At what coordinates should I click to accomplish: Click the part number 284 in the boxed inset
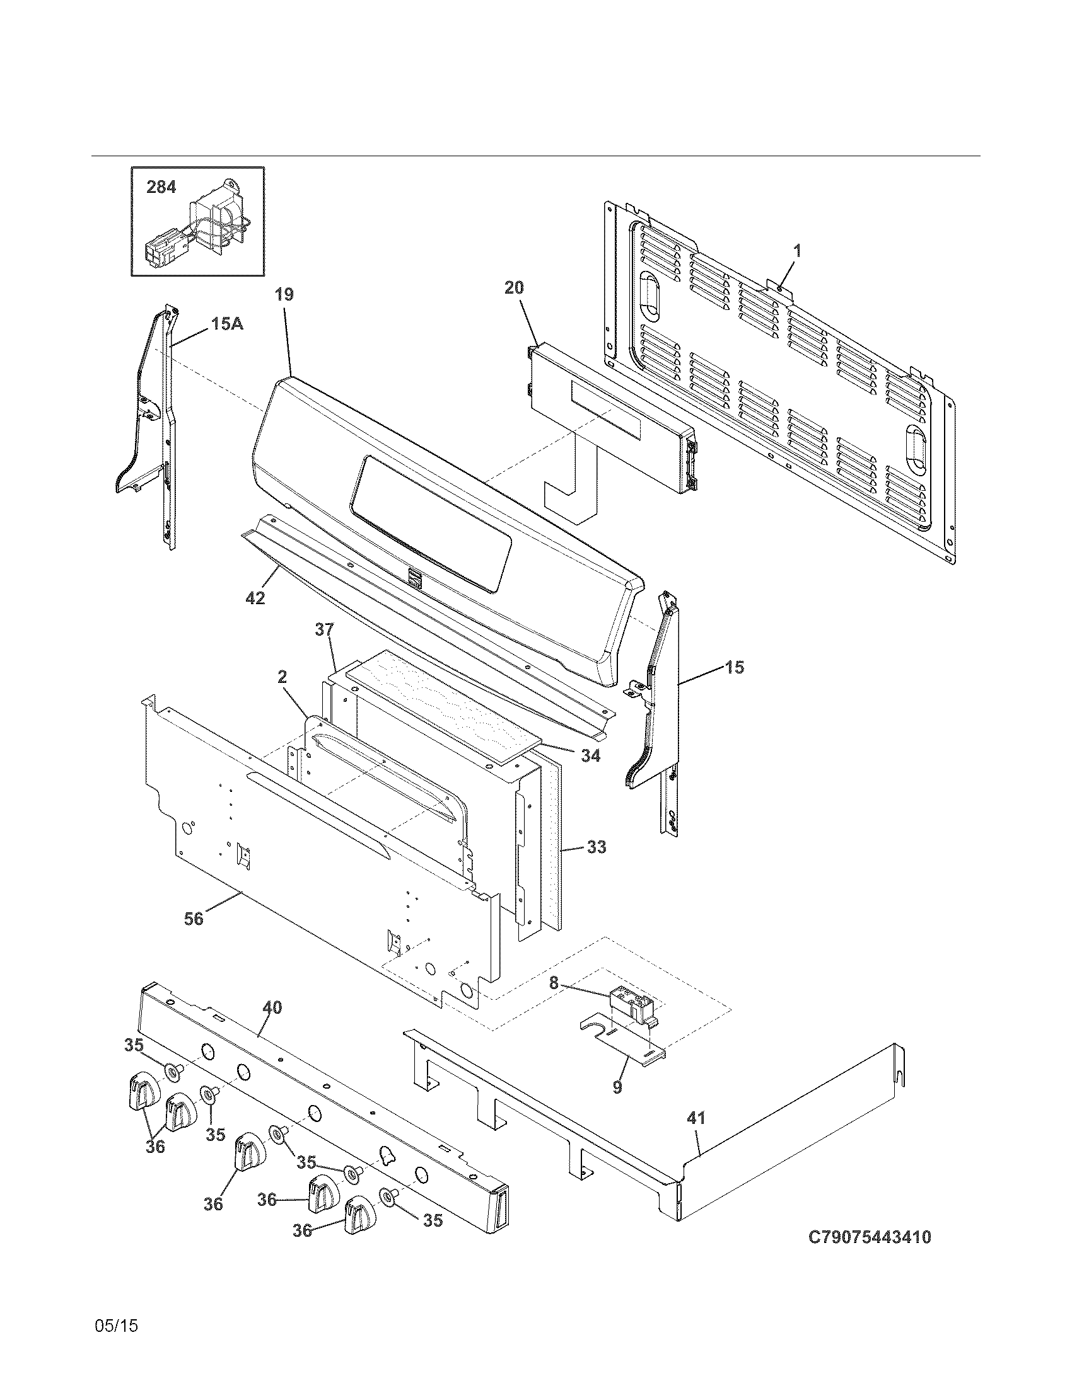161,187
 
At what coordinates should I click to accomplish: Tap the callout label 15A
227,324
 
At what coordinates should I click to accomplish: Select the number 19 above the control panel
284,294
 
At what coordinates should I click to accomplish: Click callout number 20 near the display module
514,287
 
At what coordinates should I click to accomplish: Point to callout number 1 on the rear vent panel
796,251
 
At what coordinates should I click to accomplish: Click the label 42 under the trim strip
255,597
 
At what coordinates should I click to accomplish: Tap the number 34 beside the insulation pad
591,756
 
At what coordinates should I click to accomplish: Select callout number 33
597,847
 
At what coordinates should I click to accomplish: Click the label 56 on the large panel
194,919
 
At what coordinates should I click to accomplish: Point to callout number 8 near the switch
554,983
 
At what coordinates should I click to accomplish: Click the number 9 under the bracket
617,1087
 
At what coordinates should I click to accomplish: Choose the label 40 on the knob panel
272,1007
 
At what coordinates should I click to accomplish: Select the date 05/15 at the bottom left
115,1325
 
